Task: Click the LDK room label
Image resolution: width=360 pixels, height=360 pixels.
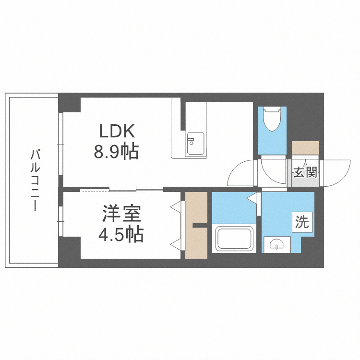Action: (x=118, y=131)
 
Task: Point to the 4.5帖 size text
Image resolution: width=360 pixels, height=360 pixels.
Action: (x=120, y=235)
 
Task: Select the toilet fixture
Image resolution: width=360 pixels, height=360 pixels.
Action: (x=272, y=120)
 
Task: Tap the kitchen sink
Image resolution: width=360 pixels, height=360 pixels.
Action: (x=195, y=143)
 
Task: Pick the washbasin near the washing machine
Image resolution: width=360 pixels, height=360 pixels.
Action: (x=277, y=245)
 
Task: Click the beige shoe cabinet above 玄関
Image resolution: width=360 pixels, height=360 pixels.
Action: (x=305, y=148)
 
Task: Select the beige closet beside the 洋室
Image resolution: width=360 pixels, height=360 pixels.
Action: (x=196, y=225)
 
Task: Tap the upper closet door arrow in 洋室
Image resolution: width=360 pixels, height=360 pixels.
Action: (x=177, y=207)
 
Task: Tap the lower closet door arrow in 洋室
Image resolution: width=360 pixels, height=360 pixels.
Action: (x=177, y=244)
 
